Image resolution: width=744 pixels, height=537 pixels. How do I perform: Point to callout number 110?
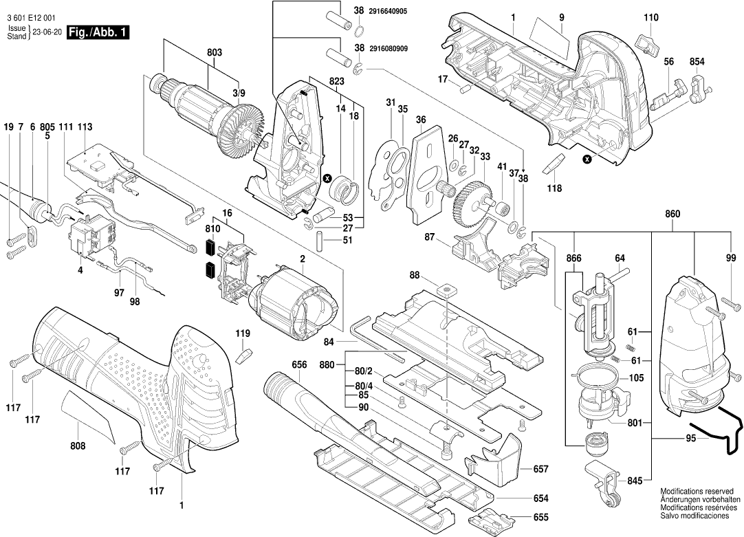point(650,18)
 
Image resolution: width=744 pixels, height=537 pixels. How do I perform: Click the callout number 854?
point(697,62)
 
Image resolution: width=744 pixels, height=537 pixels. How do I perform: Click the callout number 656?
point(298,365)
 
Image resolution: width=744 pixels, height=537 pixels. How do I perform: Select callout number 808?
point(78,446)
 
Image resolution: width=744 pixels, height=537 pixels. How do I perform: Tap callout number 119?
point(243,333)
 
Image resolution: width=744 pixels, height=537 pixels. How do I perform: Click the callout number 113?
point(85,127)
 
